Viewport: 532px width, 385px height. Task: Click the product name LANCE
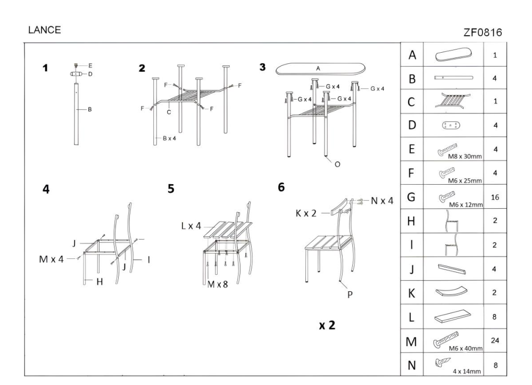point(45,30)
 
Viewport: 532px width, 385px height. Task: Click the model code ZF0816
point(484,33)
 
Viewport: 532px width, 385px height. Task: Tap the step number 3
point(262,67)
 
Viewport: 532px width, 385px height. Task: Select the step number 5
point(171,189)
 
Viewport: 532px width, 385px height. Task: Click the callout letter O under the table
point(337,164)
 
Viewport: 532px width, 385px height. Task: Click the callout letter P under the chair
point(350,293)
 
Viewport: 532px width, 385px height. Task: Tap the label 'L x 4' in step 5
point(192,226)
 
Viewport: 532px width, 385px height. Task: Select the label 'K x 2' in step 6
point(306,213)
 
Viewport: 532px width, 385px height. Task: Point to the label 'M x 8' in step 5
point(217,284)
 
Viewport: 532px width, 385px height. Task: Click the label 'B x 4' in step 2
point(169,138)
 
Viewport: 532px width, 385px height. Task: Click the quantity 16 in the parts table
point(495,198)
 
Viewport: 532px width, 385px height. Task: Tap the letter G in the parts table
point(411,198)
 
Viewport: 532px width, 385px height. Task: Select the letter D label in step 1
point(90,74)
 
